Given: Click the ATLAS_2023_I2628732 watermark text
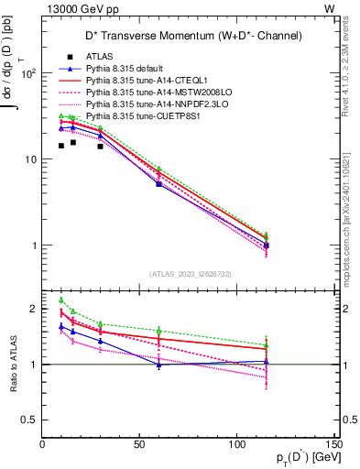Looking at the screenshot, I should [189, 274].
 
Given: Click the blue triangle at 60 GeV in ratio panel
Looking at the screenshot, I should [159, 365].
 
